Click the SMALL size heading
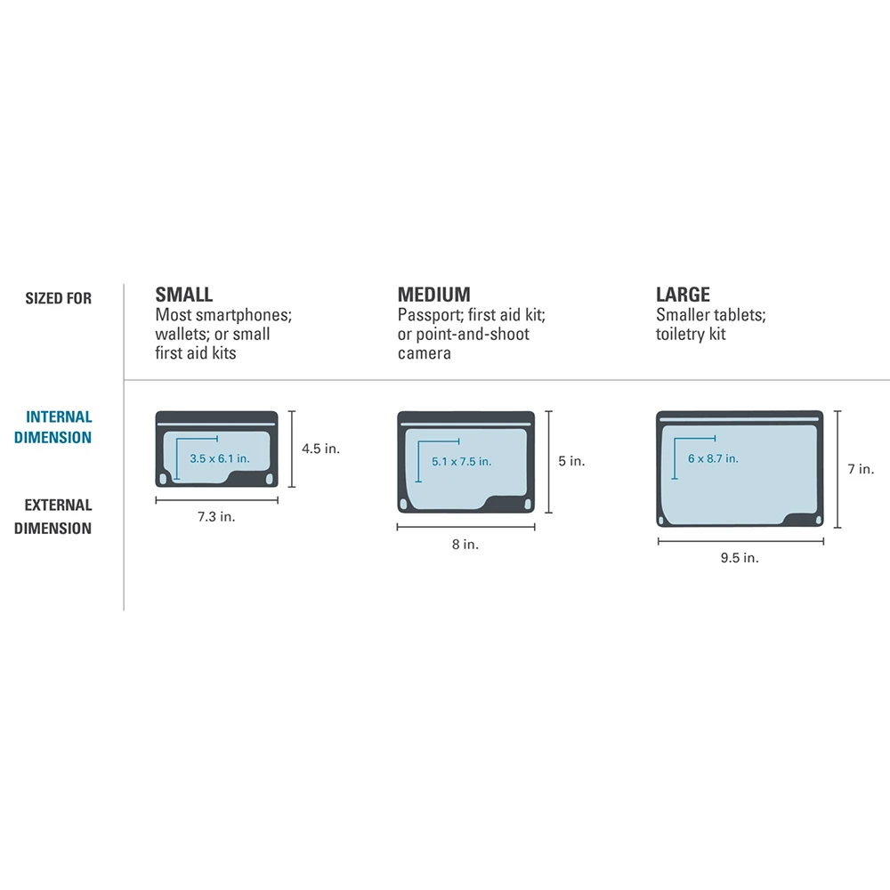tap(184, 295)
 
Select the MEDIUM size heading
tap(434, 295)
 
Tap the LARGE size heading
tap(684, 295)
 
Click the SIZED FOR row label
tap(59, 299)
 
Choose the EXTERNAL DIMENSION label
tap(58, 516)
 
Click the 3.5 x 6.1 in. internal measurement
tap(219, 457)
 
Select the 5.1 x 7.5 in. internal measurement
tap(461, 461)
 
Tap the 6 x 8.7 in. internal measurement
tap(712, 458)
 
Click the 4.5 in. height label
tap(320, 449)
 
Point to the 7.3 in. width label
tap(216, 517)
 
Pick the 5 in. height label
tap(571, 461)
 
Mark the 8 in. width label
tap(465, 545)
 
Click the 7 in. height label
tap(860, 469)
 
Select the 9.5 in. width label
tap(740, 558)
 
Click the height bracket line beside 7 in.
tap(837, 469)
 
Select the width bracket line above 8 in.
tap(465, 527)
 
